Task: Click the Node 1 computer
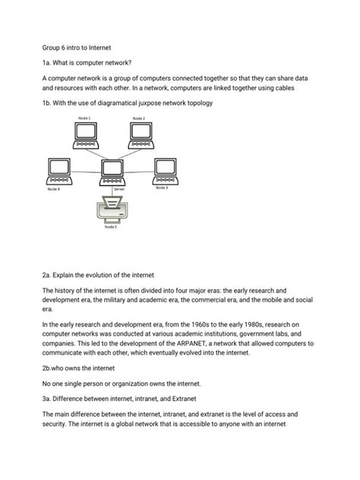(84, 134)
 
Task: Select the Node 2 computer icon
(140, 134)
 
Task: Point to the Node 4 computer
(58, 171)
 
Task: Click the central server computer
(112, 172)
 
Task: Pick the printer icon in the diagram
(112, 209)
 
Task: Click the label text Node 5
(111, 226)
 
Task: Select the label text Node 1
(84, 118)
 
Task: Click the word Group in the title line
(52, 46)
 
